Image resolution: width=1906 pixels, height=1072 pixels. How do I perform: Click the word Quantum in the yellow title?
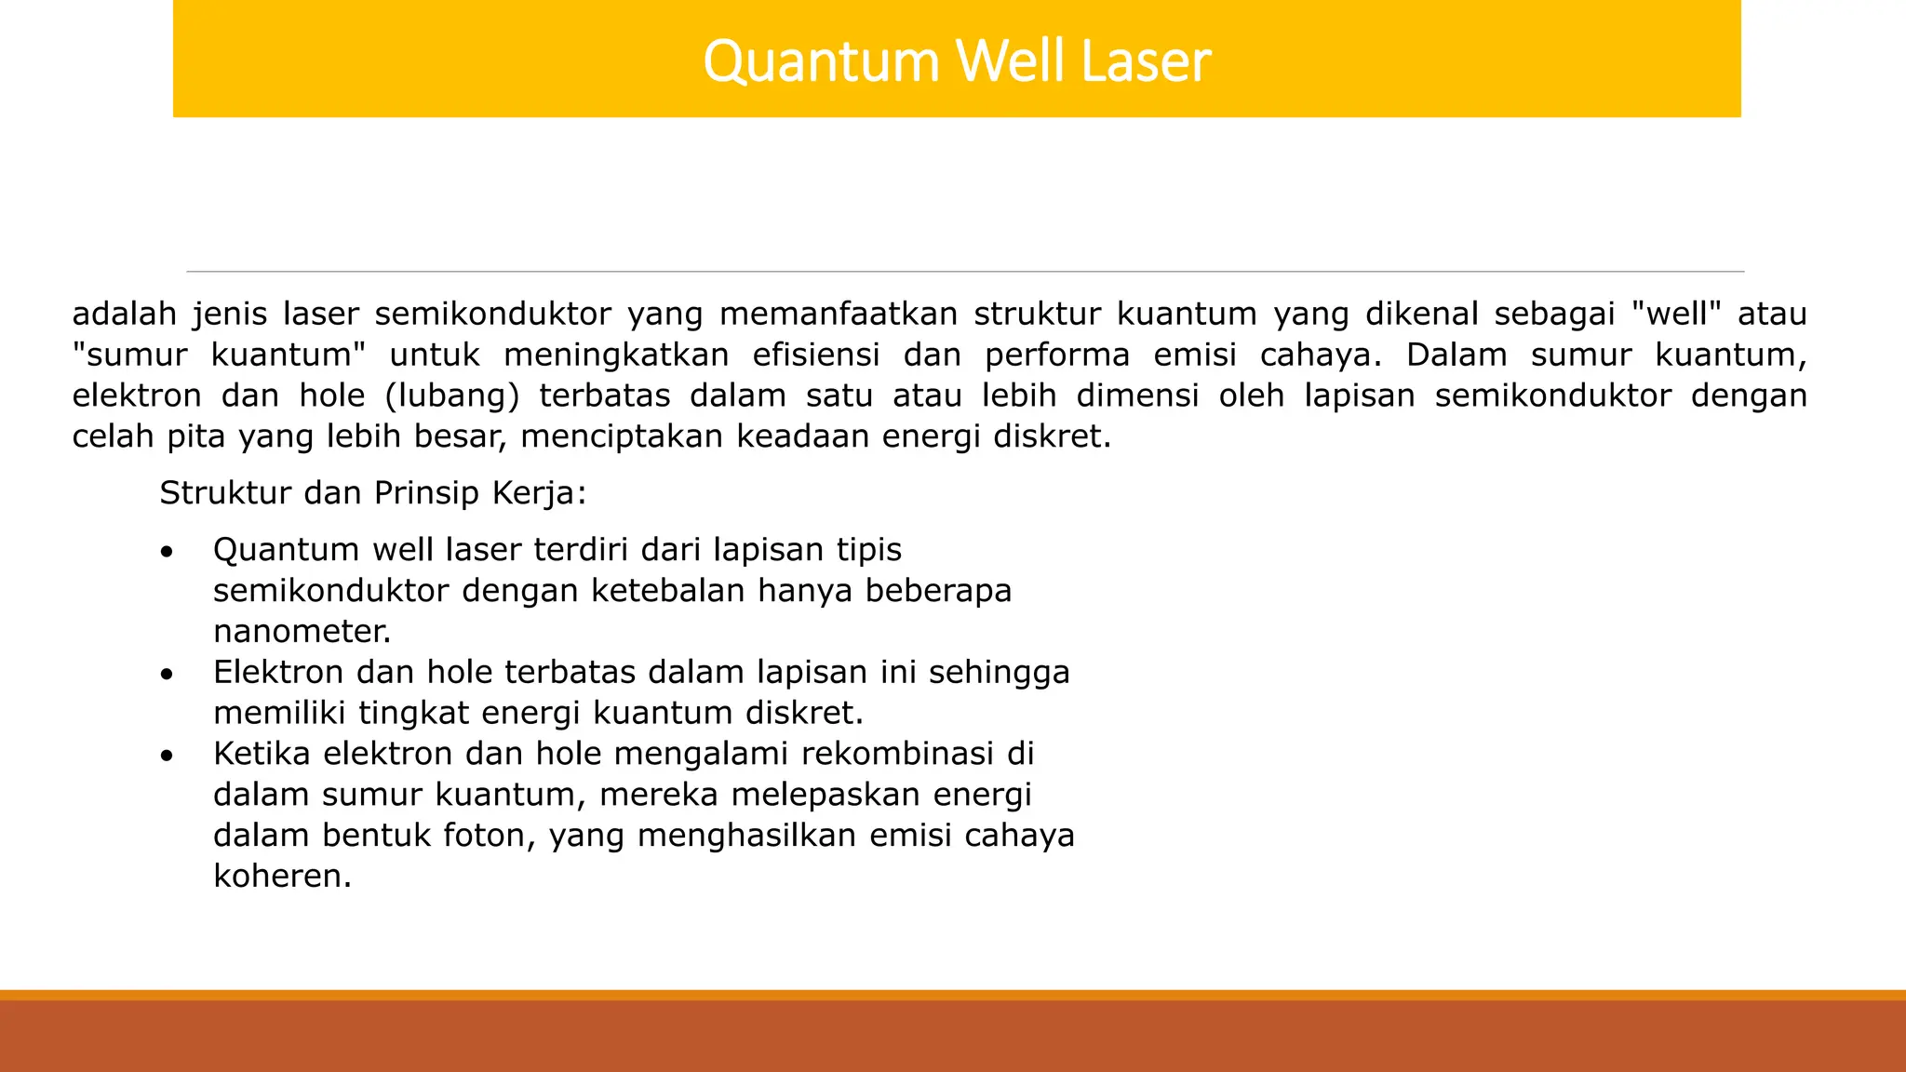[x=821, y=62]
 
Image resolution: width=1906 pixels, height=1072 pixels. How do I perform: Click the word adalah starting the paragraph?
[x=125, y=314]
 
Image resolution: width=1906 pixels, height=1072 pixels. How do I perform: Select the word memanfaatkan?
[x=839, y=314]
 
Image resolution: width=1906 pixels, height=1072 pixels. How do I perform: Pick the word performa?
[x=1057, y=355]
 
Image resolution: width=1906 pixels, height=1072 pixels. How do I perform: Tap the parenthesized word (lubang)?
[x=452, y=395]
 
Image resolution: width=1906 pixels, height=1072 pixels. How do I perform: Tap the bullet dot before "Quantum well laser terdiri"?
[x=167, y=552]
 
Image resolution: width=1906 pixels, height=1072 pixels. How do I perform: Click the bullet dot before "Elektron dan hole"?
[x=167, y=674]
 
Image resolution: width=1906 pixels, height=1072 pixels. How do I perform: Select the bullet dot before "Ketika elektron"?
[x=167, y=756]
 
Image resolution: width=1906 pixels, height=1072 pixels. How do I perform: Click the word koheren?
[x=282, y=876]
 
